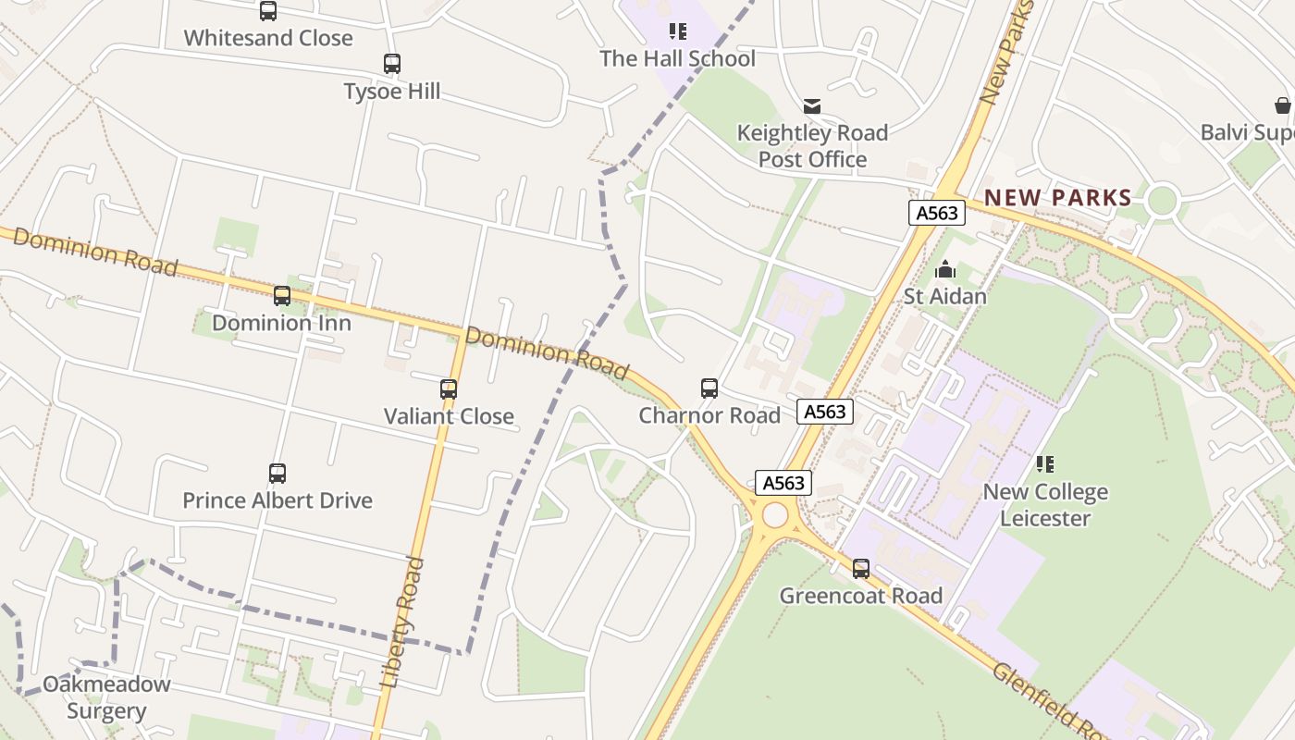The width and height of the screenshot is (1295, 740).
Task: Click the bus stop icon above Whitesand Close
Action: (268, 11)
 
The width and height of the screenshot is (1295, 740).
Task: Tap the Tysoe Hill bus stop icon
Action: (392, 64)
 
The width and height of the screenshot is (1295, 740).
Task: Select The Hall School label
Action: (677, 59)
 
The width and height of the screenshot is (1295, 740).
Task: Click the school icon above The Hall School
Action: (678, 32)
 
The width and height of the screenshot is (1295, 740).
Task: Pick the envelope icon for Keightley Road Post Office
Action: (812, 106)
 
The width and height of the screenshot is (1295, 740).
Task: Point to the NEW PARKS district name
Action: (1058, 197)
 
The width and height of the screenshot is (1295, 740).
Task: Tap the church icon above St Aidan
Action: (945, 269)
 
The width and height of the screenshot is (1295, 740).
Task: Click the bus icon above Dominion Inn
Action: (282, 296)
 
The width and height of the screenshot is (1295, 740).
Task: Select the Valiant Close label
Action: (449, 416)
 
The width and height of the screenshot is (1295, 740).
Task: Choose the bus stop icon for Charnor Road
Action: (709, 388)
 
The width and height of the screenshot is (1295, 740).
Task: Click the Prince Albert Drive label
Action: (277, 500)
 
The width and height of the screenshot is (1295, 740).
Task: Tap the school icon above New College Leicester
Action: (1045, 464)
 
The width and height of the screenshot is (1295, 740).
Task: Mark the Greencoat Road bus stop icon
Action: (861, 569)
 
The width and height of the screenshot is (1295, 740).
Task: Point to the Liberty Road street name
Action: (402, 622)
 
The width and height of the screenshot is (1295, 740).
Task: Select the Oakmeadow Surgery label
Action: (106, 697)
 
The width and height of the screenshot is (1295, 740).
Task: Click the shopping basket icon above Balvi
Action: (1283, 105)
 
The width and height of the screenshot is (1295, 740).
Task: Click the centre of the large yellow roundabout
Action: (775, 515)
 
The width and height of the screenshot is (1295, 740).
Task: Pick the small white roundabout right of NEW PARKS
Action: (1162, 200)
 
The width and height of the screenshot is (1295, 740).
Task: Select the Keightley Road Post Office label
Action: (812, 146)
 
